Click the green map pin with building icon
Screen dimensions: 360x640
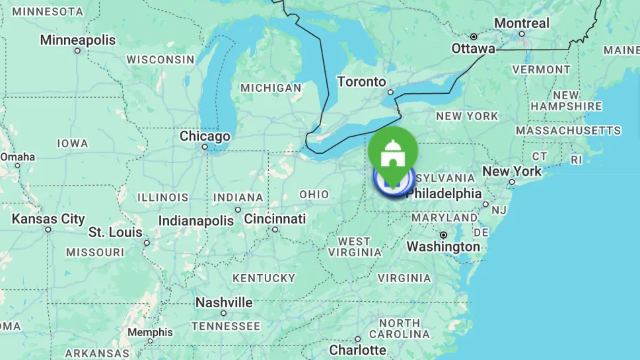(x=393, y=151)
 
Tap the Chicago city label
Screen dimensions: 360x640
(x=205, y=137)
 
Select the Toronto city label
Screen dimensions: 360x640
(x=361, y=82)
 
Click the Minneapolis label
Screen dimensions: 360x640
(x=77, y=40)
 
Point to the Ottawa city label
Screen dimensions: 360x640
(x=473, y=49)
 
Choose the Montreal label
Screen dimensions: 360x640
(x=522, y=23)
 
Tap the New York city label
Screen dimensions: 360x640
(x=512, y=171)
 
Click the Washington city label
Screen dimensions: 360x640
(x=443, y=247)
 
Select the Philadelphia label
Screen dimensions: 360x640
(x=444, y=194)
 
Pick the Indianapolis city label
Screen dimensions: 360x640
(x=196, y=221)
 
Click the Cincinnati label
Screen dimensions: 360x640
(x=275, y=219)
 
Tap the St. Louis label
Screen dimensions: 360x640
(x=116, y=233)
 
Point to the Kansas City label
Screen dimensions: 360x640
(x=48, y=219)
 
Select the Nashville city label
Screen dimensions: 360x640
(x=224, y=303)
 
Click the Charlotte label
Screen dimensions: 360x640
(x=357, y=349)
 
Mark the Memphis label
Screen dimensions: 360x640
(x=150, y=332)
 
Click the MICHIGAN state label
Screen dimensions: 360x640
(x=271, y=88)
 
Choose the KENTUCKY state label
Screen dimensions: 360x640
(x=264, y=278)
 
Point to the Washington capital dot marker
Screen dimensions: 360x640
(x=443, y=234)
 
